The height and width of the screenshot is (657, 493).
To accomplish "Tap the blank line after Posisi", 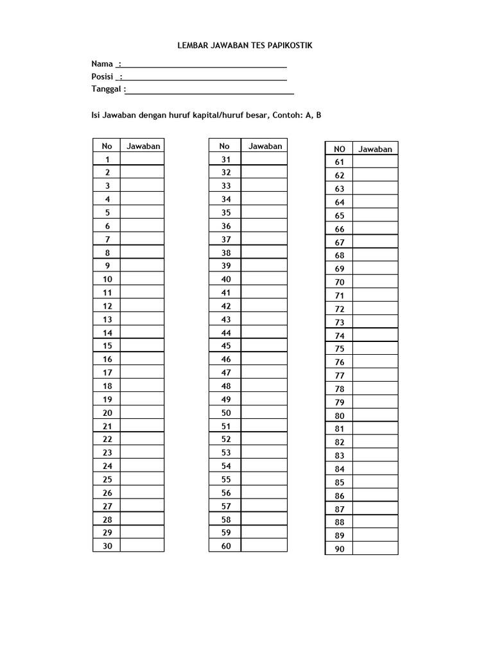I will [204, 77].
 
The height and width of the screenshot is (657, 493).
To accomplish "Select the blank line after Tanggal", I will [210, 90].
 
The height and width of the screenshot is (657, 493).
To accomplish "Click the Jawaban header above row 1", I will [143, 146].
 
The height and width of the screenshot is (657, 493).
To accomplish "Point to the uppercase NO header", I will [340, 149].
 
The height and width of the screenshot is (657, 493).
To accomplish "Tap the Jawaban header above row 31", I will [265, 146].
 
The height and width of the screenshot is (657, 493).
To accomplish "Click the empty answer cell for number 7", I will [142, 239].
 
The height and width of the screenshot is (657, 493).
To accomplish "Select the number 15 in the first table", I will [107, 346].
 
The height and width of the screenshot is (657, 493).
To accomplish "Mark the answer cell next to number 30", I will [142, 546].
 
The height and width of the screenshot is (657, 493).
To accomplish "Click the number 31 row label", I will [225, 159].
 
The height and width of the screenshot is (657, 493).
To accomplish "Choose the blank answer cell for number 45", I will [264, 346].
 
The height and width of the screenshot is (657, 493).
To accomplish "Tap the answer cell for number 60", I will [264, 546].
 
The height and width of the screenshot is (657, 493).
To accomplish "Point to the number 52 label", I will [225, 439].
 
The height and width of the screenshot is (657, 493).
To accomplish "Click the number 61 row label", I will [340, 162].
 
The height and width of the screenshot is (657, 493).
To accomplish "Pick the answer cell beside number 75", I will [375, 349].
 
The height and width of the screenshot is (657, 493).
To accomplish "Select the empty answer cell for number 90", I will [375, 549].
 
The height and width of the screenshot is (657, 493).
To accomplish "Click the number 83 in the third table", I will [340, 456].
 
